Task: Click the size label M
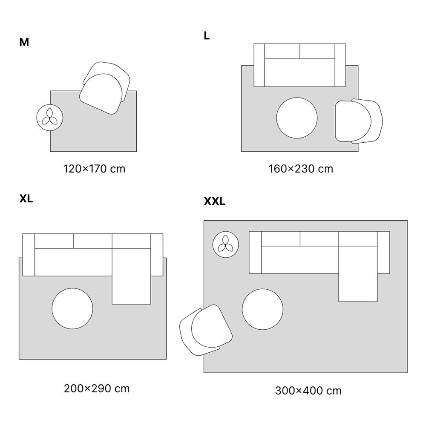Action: [x=24, y=42]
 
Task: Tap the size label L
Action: [x=207, y=36]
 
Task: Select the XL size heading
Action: [x=26, y=199]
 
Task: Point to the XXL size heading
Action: [x=215, y=201]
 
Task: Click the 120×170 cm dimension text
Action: [x=94, y=169]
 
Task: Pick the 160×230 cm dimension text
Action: [x=301, y=169]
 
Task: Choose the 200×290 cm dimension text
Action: [x=97, y=389]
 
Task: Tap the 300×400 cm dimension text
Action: [x=308, y=391]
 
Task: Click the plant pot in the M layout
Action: [x=50, y=118]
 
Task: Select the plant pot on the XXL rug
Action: [x=226, y=245]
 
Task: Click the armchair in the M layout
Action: [x=105, y=88]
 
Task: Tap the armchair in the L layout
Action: [x=359, y=121]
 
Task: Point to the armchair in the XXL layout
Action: [x=206, y=330]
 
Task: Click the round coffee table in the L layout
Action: [x=297, y=118]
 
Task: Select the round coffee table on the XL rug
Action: [x=72, y=308]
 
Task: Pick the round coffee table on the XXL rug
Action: [x=262, y=309]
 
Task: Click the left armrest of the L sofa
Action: [x=259, y=65]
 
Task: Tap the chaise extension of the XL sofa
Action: [x=132, y=276]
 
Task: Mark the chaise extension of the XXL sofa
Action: [x=358, y=273]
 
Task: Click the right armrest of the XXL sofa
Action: [x=383, y=252]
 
